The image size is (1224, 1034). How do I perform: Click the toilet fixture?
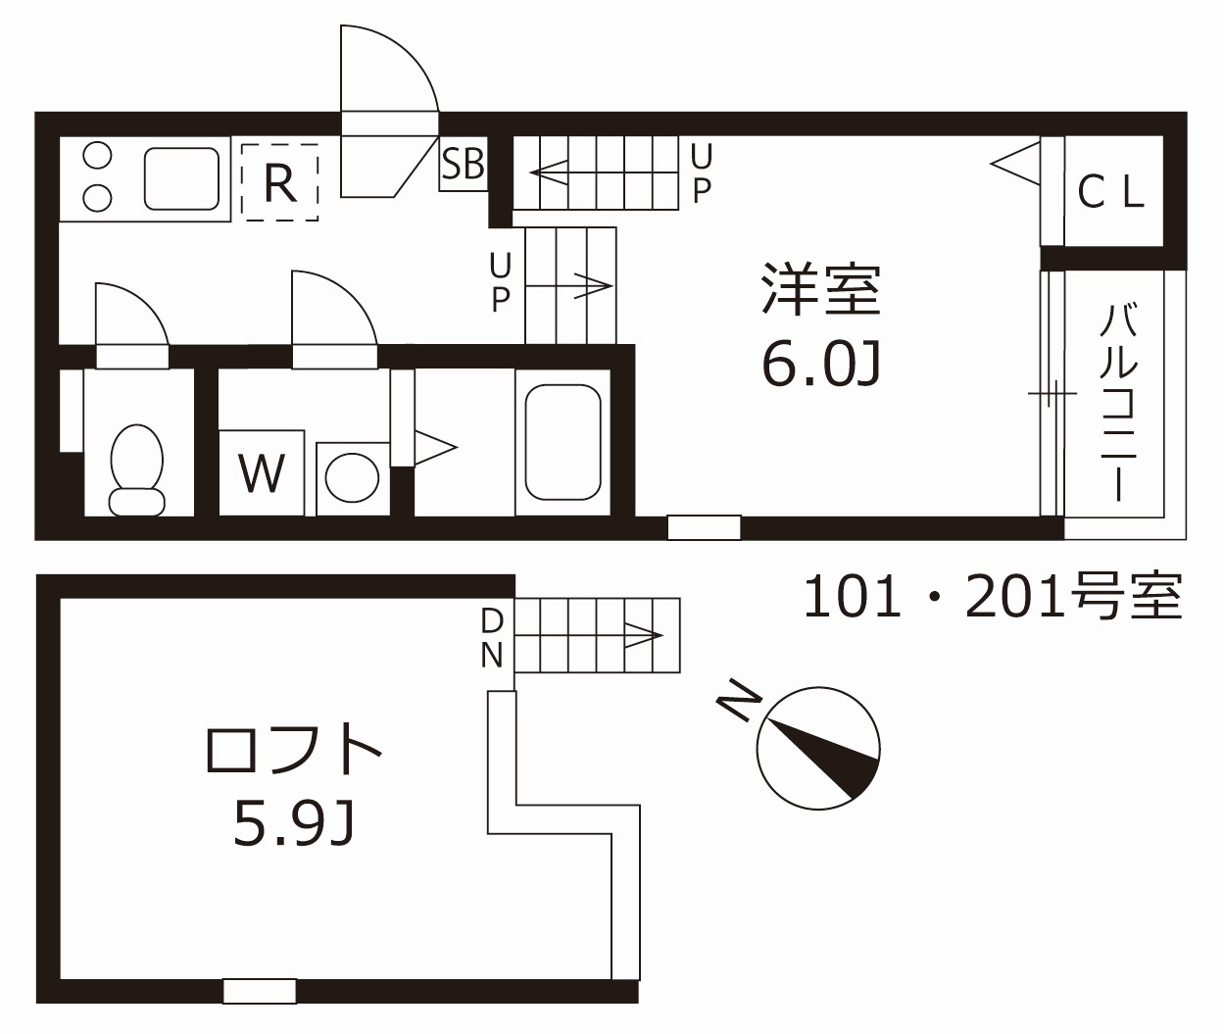click(x=136, y=469)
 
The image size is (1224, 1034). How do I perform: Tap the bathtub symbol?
click(x=563, y=442)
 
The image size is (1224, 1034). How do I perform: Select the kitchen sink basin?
click(x=181, y=178)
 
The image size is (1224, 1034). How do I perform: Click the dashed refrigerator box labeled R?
click(x=280, y=181)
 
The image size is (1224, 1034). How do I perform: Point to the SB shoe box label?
click(x=463, y=165)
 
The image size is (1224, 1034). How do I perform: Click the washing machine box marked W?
click(x=262, y=473)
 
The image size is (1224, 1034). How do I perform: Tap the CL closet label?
click(x=1111, y=192)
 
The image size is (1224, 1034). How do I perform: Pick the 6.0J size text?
click(x=821, y=366)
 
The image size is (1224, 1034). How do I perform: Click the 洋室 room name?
click(x=821, y=289)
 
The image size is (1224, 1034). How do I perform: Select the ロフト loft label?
click(x=293, y=750)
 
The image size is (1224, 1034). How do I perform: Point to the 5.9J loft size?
click(x=293, y=823)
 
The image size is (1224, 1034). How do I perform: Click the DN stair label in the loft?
click(x=492, y=637)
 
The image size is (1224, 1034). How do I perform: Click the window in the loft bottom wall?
click(x=260, y=991)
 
